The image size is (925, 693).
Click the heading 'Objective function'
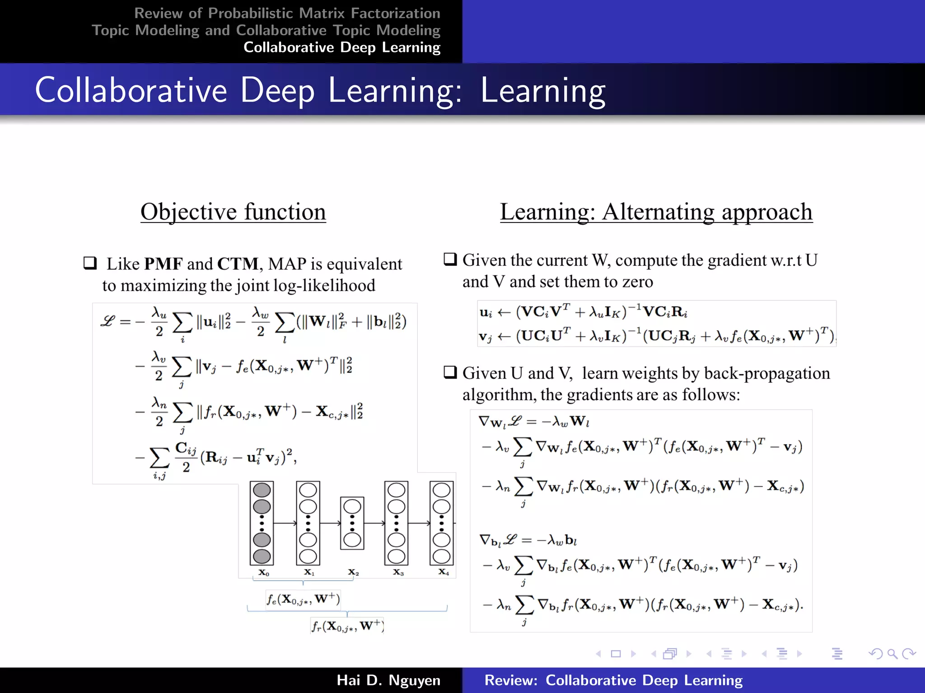[233, 212]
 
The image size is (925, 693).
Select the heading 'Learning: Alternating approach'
[656, 212]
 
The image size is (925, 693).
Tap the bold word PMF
[163, 264]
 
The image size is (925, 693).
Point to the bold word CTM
[238, 264]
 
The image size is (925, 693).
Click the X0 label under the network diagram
[264, 573]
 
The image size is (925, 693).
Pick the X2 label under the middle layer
[353, 573]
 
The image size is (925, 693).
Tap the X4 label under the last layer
[444, 572]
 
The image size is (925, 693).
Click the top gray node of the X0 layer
[262, 490]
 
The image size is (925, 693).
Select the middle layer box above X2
[352, 523]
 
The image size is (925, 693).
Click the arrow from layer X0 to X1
[285, 523]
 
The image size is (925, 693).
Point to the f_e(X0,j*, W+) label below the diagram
[303, 599]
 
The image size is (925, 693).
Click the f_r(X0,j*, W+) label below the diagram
[347, 626]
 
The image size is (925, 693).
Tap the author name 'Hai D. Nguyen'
[388, 680]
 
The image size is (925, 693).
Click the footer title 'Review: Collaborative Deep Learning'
[613, 680]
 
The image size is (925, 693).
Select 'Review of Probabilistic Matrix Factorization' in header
[287, 14]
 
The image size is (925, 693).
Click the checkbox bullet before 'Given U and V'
[450, 372]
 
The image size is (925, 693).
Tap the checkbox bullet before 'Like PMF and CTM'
[90, 263]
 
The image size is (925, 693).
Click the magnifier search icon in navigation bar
[892, 653]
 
